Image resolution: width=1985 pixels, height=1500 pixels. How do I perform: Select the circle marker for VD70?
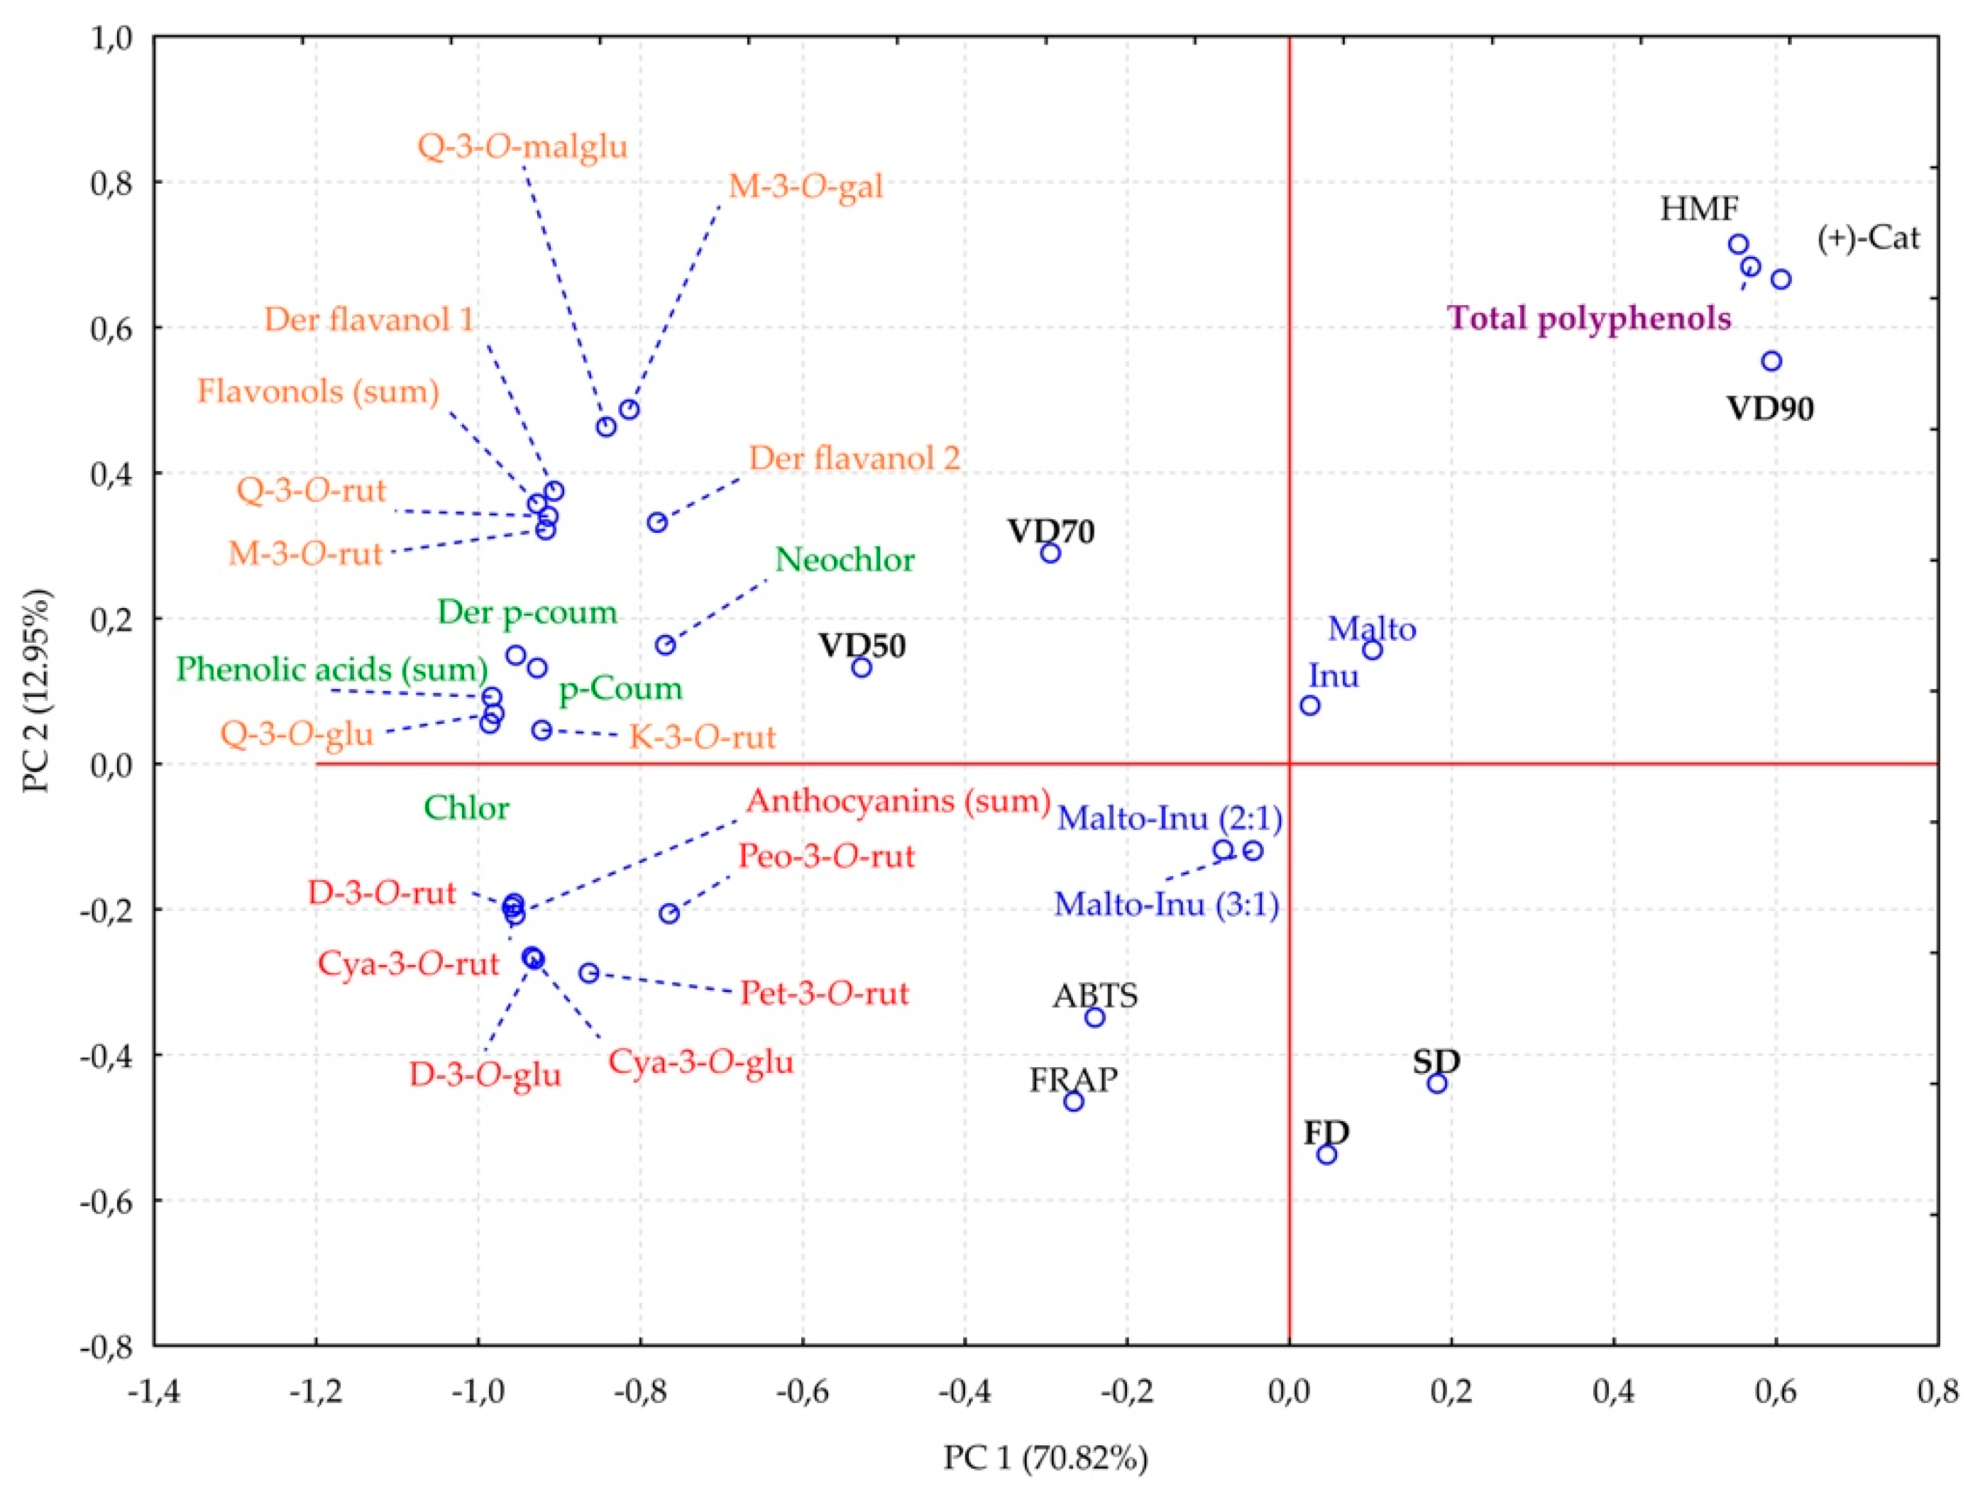pos(1051,553)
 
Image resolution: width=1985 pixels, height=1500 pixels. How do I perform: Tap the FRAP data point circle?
pos(1074,1102)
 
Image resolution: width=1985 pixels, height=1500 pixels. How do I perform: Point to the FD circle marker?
pos(1327,1154)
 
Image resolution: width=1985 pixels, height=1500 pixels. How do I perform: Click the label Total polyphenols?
pos(1589,319)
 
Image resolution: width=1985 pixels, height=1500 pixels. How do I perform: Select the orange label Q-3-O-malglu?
pos(522,146)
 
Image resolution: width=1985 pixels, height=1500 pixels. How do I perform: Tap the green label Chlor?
pos(466,808)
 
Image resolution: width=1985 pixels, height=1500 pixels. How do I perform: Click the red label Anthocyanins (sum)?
pos(898,800)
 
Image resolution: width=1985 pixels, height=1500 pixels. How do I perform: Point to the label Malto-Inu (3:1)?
pos(1167,904)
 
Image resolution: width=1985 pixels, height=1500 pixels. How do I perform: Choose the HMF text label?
pos(1699,210)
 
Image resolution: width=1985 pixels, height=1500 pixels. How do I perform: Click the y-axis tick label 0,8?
pos(111,183)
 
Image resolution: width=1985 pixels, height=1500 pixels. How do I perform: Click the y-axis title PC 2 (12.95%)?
pos(38,691)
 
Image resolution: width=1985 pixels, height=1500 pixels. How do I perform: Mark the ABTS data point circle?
pos(1095,1018)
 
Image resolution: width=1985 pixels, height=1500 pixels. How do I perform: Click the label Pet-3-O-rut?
pos(824,994)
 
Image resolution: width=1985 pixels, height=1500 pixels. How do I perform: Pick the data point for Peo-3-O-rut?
pos(669,914)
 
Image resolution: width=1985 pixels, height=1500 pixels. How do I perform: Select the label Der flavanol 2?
pos(854,458)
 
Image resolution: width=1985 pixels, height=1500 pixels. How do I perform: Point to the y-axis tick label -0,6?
pos(109,1202)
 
